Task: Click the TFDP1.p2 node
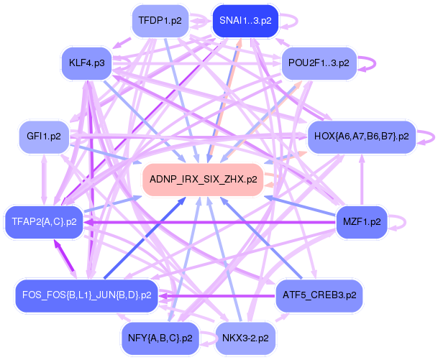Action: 160,21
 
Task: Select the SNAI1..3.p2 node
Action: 245,21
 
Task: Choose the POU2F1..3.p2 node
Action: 318,63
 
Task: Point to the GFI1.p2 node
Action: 43,136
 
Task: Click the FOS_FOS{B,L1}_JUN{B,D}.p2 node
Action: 86,295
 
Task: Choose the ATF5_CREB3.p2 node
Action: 318,295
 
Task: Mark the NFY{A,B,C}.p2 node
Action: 160,337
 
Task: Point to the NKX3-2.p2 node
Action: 245,337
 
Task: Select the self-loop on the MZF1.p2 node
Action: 405,222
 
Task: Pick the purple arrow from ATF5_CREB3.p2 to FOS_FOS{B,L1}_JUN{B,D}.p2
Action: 216,295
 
